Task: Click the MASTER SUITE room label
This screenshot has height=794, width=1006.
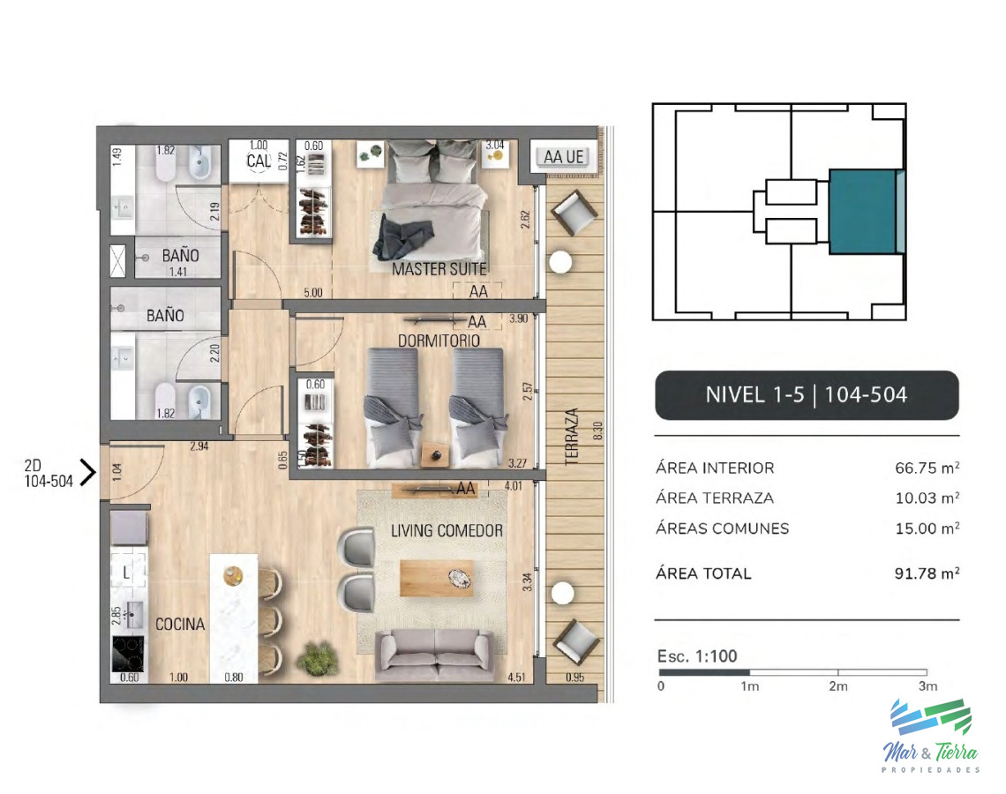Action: point(439,268)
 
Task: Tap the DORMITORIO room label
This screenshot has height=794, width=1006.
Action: point(439,341)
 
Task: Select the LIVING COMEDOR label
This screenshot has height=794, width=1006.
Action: point(447,531)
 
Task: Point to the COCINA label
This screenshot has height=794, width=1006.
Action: point(180,625)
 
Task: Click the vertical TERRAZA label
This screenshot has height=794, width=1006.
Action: point(572,436)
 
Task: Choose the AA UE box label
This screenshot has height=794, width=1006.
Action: point(564,157)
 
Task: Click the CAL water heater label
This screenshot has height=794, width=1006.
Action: point(258,161)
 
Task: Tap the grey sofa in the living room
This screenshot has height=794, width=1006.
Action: point(434,654)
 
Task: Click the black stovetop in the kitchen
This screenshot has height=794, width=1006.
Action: point(129,654)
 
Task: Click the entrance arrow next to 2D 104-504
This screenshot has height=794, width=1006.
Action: point(87,473)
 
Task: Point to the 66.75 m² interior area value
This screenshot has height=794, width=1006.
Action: point(927,468)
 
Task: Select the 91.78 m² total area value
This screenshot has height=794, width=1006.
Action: point(927,573)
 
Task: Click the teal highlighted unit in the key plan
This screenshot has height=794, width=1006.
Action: point(862,212)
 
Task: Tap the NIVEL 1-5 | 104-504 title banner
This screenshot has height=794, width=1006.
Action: point(806,394)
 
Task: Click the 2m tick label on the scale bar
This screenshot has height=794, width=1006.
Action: point(837,685)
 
